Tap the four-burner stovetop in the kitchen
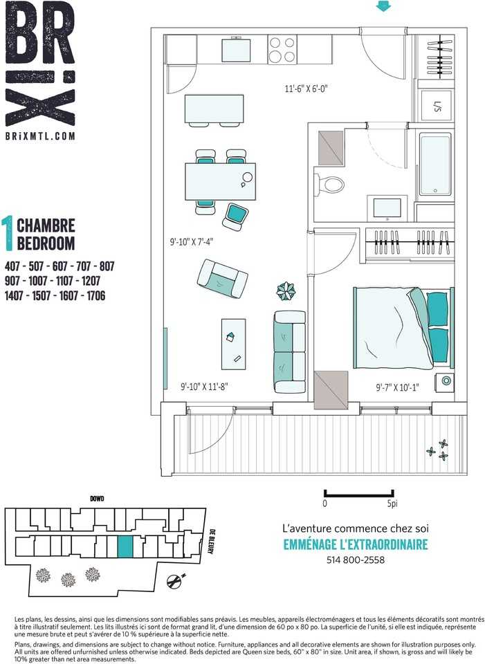point(282,50)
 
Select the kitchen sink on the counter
point(235,50)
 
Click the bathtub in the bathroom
point(435,165)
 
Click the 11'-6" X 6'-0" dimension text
point(306,89)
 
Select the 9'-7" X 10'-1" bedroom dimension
point(397,387)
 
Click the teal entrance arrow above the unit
point(383,6)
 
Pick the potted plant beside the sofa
point(286,291)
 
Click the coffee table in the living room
point(233,344)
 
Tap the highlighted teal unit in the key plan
point(125,546)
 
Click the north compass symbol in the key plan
point(175,580)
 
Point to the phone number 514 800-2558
point(356,560)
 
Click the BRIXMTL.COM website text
point(40,136)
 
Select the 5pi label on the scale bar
point(392,504)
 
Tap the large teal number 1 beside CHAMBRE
point(8,233)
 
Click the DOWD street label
point(97,499)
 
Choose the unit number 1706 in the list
point(95,295)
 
